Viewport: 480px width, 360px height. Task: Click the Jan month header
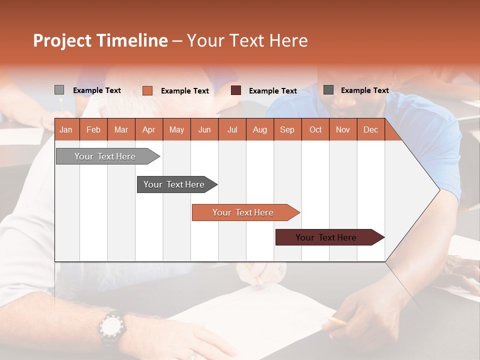pyautogui.click(x=66, y=130)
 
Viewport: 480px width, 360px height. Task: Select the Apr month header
pyautogui.click(x=148, y=130)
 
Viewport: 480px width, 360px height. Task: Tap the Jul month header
pyautogui.click(x=232, y=130)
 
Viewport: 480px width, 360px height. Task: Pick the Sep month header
pyautogui.click(x=287, y=130)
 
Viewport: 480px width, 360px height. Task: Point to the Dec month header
pyautogui.click(x=370, y=130)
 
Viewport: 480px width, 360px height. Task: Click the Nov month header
pyautogui.click(x=342, y=130)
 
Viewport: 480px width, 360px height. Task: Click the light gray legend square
pyautogui.click(x=59, y=90)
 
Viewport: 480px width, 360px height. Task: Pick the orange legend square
pyautogui.click(x=147, y=90)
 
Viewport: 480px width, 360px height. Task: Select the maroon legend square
pyautogui.click(x=236, y=90)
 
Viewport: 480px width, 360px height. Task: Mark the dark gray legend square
pyautogui.click(x=328, y=90)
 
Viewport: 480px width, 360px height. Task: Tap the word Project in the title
pyautogui.click(x=62, y=40)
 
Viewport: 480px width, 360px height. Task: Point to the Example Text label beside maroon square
pyautogui.click(x=272, y=91)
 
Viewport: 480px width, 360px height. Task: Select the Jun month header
pyautogui.click(x=204, y=130)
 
